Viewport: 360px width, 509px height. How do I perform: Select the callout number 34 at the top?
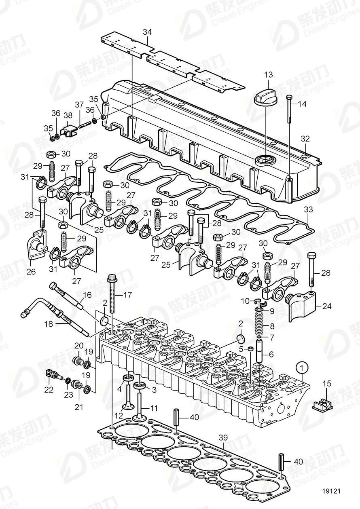pyautogui.click(x=147, y=32)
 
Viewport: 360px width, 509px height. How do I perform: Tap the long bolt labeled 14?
pyautogui.click(x=290, y=110)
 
